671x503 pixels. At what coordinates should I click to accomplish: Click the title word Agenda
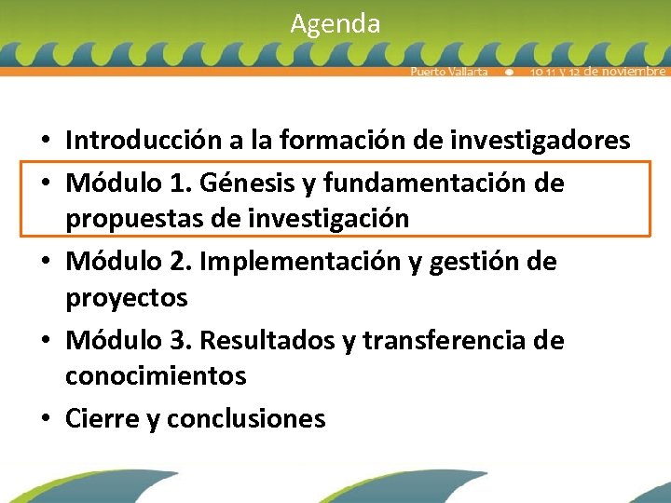point(335,23)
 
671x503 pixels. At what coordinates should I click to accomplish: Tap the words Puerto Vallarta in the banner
point(449,72)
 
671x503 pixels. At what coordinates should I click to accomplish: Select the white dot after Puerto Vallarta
point(509,72)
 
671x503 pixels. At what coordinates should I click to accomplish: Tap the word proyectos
point(126,298)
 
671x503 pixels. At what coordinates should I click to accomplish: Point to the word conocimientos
point(156,376)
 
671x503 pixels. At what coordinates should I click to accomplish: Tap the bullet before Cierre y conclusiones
point(45,420)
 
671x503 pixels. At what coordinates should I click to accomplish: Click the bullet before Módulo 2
point(45,263)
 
